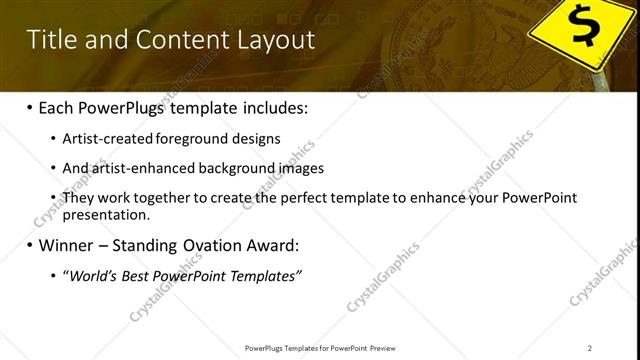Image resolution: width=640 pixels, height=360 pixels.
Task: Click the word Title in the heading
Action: (x=51, y=40)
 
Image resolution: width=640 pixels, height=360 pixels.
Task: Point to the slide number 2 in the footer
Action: (x=589, y=348)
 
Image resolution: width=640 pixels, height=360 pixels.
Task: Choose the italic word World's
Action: (x=91, y=275)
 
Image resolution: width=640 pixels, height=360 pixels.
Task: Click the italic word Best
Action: (x=135, y=275)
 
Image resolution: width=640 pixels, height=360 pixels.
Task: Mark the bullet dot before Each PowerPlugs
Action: (x=30, y=108)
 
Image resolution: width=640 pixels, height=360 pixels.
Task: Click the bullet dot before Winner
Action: (x=30, y=245)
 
